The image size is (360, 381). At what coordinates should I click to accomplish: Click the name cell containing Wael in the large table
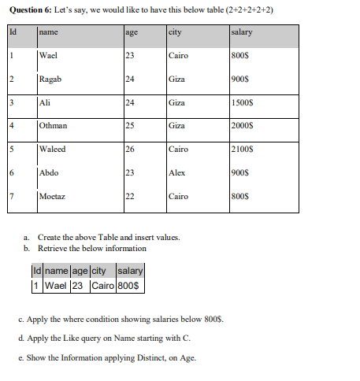(48, 56)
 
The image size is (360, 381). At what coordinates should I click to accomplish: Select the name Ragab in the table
(50, 80)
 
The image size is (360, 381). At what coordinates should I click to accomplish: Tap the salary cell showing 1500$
(242, 102)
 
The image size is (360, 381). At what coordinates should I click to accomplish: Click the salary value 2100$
(242, 150)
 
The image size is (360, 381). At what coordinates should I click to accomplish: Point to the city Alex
(177, 172)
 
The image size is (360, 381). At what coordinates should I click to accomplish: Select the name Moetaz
(53, 196)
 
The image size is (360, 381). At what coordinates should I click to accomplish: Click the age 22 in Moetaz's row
(131, 196)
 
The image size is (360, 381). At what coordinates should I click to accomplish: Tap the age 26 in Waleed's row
(131, 150)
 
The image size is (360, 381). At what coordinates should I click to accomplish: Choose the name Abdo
(50, 172)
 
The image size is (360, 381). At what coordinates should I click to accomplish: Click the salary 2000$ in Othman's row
(242, 126)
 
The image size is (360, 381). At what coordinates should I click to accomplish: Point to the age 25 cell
(131, 126)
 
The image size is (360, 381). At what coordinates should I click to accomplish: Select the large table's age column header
(132, 32)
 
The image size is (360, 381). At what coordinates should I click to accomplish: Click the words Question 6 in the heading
(30, 9)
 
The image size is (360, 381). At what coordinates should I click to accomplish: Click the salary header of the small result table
(129, 272)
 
